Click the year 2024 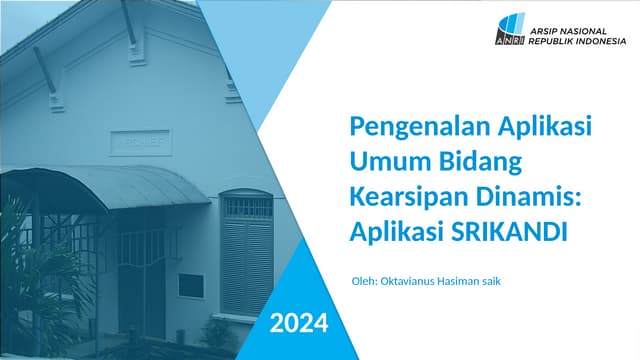[298, 322]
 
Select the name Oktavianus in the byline [411, 281]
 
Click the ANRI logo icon [510, 31]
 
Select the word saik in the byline [489, 281]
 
